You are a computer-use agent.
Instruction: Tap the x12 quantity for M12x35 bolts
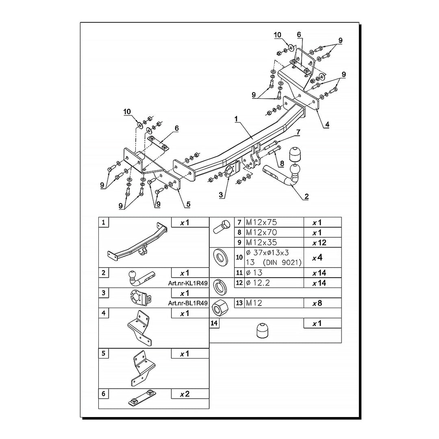319,242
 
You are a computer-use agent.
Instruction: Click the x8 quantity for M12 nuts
317,303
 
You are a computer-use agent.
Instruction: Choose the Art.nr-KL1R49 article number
188,283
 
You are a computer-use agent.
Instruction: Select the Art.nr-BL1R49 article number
188,303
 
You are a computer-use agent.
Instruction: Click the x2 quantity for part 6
185,394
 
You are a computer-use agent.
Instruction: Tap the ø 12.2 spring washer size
258,283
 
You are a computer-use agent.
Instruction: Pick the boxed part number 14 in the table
214,323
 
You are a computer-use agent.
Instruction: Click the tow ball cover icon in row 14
262,330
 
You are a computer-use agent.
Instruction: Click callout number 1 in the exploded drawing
236,119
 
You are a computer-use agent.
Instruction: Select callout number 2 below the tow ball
306,197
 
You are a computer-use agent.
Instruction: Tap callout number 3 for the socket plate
221,195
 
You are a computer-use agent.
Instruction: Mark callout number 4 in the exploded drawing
327,125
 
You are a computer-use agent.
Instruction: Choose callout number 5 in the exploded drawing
188,204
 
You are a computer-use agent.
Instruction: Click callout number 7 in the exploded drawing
298,132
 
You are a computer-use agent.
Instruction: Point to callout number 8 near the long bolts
282,163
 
